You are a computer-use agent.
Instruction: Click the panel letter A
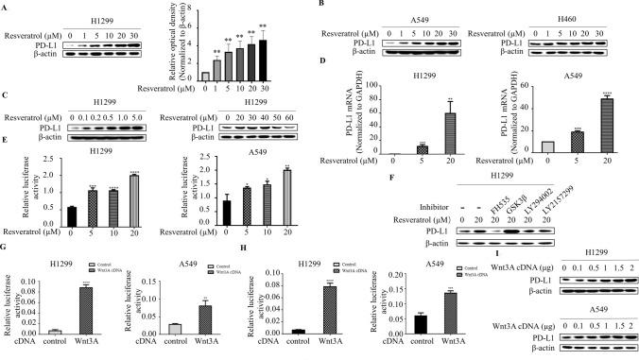click(5, 5)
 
